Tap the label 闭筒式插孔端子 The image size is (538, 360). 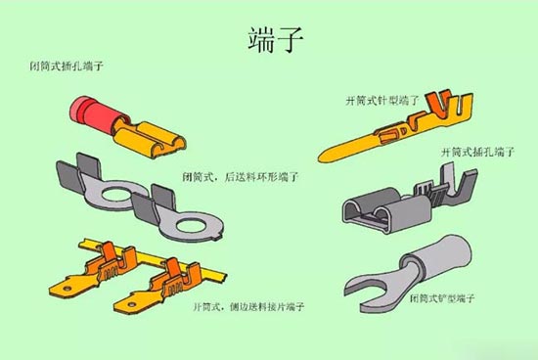[67, 67]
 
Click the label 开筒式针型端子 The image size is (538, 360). [382, 100]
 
